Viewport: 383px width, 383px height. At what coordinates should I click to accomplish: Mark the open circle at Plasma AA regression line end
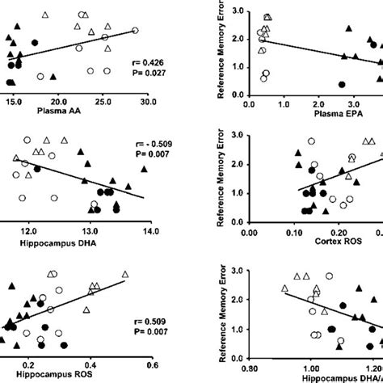136,31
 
